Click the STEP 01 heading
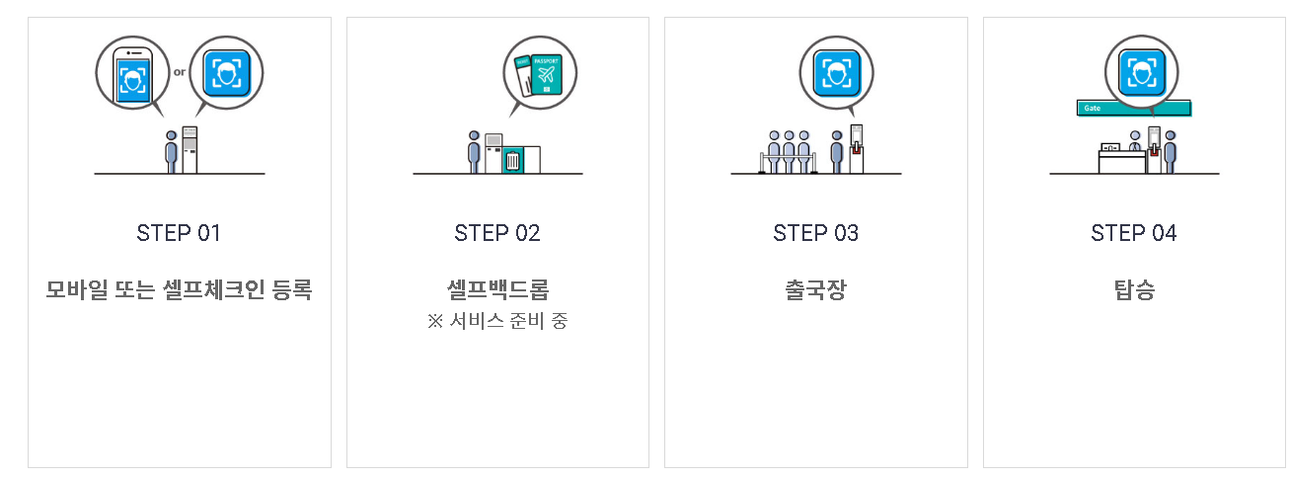179,233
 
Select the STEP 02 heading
497,233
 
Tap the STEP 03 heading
816,233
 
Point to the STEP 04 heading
1134,233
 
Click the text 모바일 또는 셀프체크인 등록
179,290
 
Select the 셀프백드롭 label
497,289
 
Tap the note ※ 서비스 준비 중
497,321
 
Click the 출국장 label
816,290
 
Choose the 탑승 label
1134,290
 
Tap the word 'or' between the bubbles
180,70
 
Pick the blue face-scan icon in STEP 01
227,72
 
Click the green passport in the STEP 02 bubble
546,74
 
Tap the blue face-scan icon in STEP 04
1142,72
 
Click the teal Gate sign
1096,108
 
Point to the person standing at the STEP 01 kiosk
172,151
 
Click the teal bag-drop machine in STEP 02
512,159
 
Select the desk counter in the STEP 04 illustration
1122,160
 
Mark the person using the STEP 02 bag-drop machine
474,151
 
